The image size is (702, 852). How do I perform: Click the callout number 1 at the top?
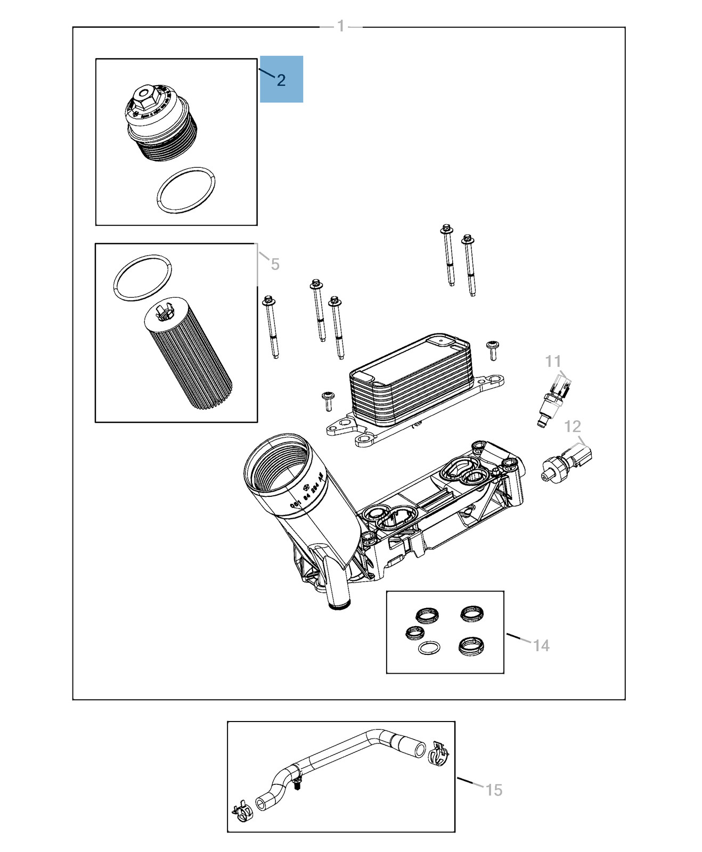[x=341, y=26]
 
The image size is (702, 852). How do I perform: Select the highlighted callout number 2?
[x=281, y=80]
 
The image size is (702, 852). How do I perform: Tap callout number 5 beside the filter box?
[x=275, y=264]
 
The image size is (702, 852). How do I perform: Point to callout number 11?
[x=553, y=362]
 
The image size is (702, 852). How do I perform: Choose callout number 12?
[x=572, y=427]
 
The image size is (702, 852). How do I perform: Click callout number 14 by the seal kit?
[x=541, y=645]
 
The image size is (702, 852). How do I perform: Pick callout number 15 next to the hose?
[x=494, y=790]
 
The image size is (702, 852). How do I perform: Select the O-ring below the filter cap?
[x=186, y=191]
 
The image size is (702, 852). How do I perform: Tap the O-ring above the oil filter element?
[x=143, y=277]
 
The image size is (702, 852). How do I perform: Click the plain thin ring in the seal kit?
[x=429, y=648]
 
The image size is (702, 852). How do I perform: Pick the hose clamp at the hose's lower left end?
[x=242, y=813]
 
